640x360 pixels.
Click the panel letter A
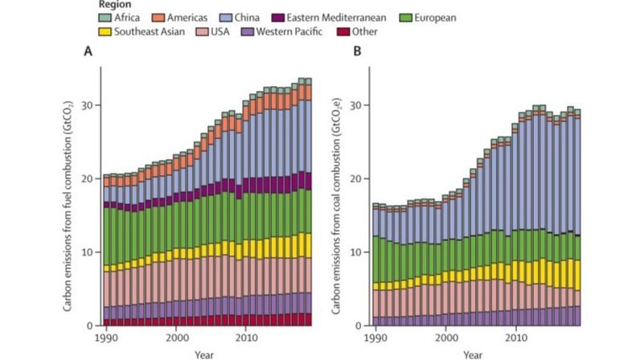[88, 51]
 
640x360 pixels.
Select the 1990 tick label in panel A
[105, 338]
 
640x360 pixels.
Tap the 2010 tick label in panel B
[511, 338]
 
